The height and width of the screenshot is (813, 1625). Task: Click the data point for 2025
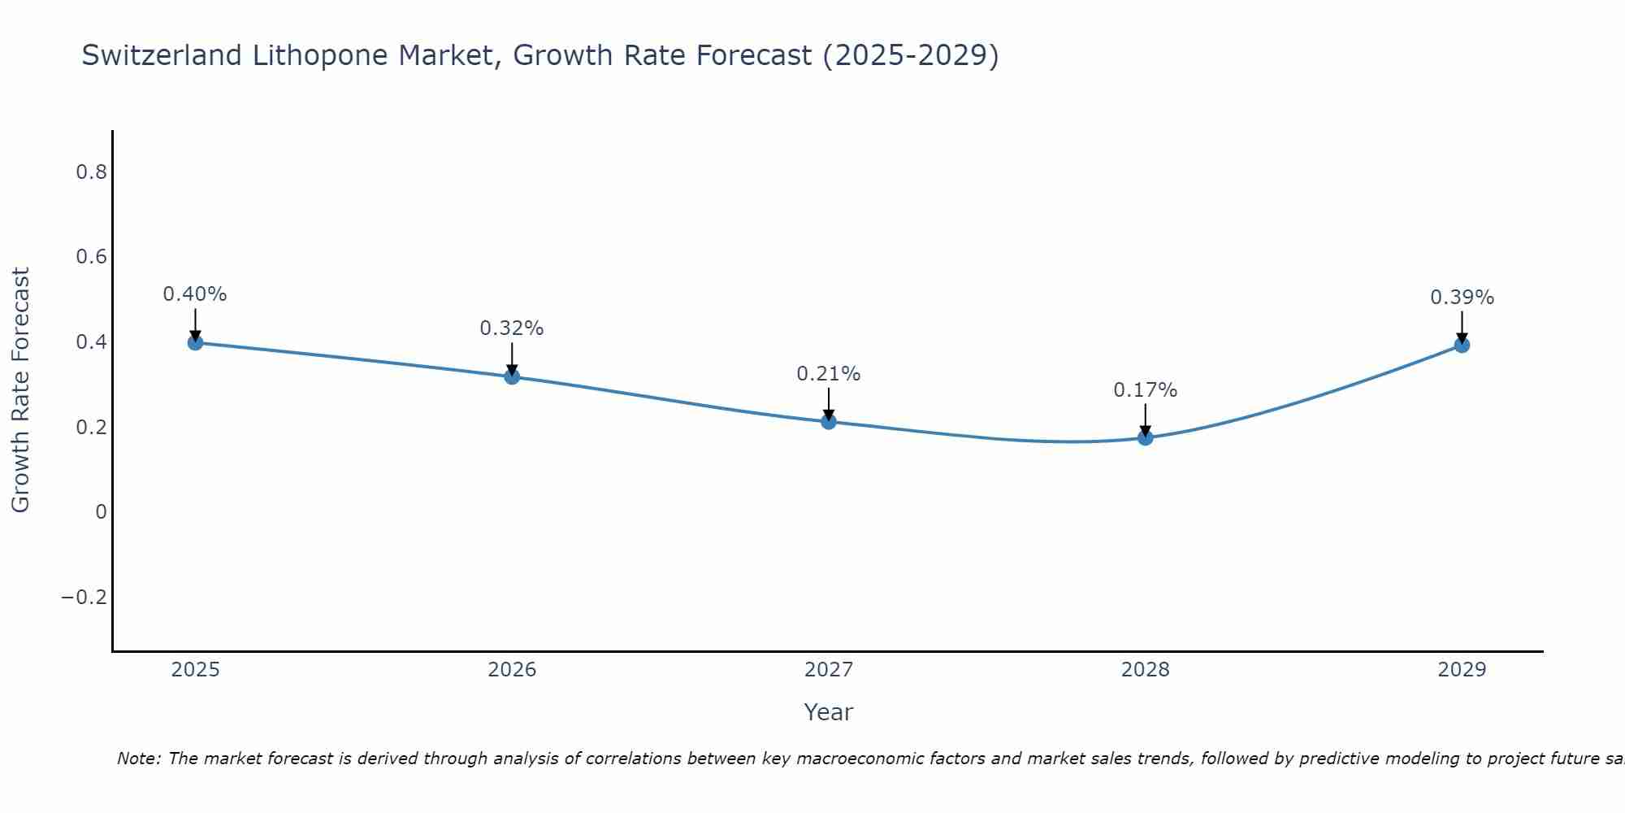195,342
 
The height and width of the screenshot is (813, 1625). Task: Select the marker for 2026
512,376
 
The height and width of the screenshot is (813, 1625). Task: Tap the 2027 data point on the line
829,421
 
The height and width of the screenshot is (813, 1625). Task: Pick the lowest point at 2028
1146,437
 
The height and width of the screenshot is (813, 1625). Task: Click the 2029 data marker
1462,345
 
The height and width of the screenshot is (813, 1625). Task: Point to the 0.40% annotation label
195,294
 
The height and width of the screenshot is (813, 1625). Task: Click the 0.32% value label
512,328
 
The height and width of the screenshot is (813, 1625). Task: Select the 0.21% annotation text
829,374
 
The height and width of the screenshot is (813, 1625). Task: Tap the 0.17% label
1146,390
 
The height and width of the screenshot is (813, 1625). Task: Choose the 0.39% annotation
1462,298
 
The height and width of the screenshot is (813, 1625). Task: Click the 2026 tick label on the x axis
512,670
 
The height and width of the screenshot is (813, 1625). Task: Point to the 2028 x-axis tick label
1146,670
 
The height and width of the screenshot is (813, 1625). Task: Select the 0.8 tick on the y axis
91,172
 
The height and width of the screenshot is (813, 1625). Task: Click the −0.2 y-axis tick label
84,598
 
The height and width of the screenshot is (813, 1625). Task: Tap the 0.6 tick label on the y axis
91,257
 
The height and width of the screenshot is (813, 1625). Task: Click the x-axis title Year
829,712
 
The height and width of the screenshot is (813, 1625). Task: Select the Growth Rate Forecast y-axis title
20,390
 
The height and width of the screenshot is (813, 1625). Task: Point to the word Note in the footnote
139,759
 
